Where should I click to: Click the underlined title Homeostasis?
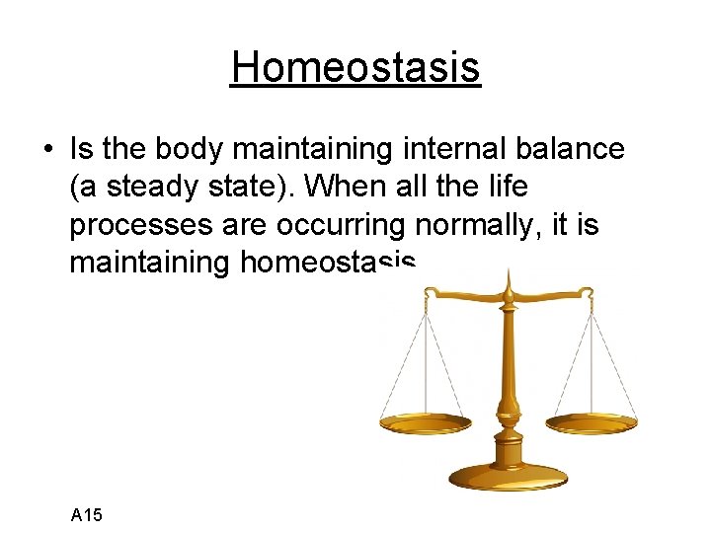tap(355, 68)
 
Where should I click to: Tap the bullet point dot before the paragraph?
tap(47, 150)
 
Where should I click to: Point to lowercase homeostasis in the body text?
tap(325, 263)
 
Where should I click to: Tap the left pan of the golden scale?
tap(427, 423)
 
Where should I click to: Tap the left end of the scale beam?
tap(428, 294)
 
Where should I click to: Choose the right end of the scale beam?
tap(590, 293)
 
